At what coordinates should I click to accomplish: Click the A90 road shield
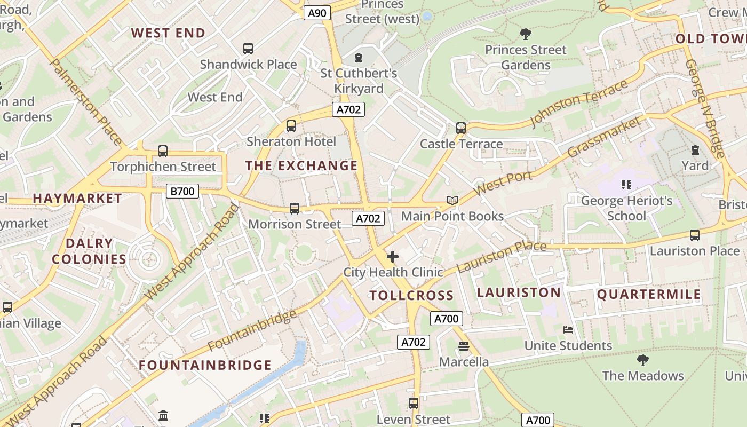317,13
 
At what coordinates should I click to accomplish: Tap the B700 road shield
182,191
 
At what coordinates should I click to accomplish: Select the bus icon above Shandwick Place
248,49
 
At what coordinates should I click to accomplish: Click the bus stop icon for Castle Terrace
461,128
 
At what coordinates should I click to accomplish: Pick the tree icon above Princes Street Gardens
526,34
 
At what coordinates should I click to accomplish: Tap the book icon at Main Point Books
452,201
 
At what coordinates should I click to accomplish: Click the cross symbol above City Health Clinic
393,257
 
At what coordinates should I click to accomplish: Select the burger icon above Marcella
463,346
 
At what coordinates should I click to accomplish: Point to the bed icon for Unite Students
568,330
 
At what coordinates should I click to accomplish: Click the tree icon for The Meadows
643,360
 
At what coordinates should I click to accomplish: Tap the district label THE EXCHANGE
301,165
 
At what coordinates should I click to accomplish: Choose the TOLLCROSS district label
411,296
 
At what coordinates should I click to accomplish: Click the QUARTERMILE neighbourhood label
649,295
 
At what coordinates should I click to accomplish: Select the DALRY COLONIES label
89,251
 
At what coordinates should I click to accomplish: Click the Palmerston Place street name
86,101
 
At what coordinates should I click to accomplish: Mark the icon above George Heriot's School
626,185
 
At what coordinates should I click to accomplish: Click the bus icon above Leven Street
414,404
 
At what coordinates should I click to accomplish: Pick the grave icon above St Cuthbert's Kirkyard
359,57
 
